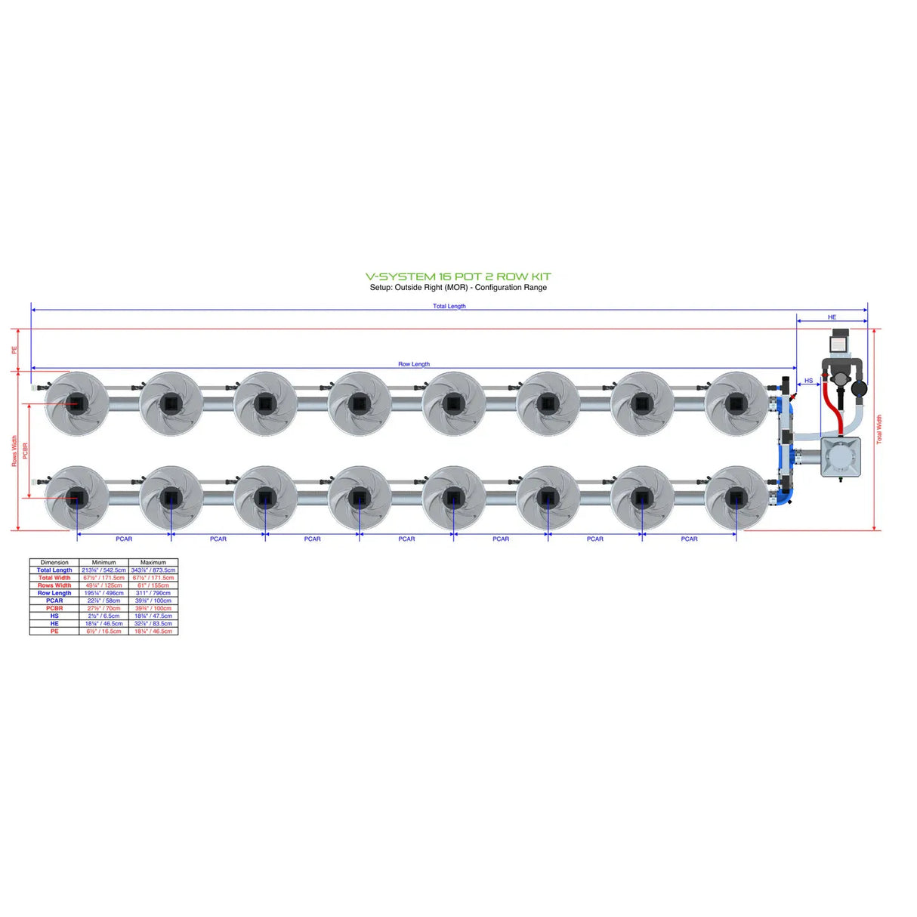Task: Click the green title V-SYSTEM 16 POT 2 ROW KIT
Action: tap(458, 276)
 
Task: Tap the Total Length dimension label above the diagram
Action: tap(449, 306)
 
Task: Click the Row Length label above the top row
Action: tap(413, 364)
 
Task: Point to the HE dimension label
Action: tap(832, 317)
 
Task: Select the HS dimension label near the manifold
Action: tap(808, 381)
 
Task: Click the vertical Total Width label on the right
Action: tap(878, 428)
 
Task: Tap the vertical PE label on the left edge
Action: tap(14, 350)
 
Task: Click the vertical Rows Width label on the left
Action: tap(14, 450)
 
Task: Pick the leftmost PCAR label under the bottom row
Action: tap(124, 539)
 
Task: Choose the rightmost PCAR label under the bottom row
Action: tap(689, 539)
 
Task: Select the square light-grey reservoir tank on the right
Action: tap(841, 456)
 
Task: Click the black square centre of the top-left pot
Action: tap(76, 403)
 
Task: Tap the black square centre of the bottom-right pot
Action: tap(736, 498)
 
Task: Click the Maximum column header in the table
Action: tap(153, 563)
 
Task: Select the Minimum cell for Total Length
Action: tap(103, 570)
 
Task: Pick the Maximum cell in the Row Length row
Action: tap(153, 593)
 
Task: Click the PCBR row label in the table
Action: tap(54, 608)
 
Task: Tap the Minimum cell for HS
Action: tap(103, 616)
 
